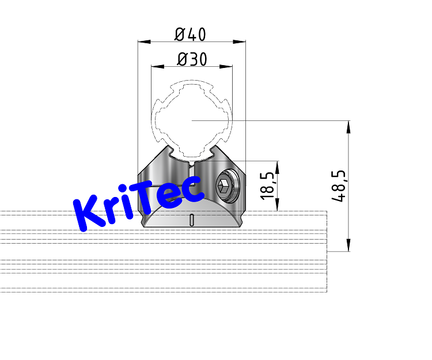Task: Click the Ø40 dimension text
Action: coord(190,34)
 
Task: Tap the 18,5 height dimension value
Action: coord(268,185)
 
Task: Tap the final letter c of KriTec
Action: coord(192,190)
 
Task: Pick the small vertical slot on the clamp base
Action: coord(191,219)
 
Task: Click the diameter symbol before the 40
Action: coord(179,34)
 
